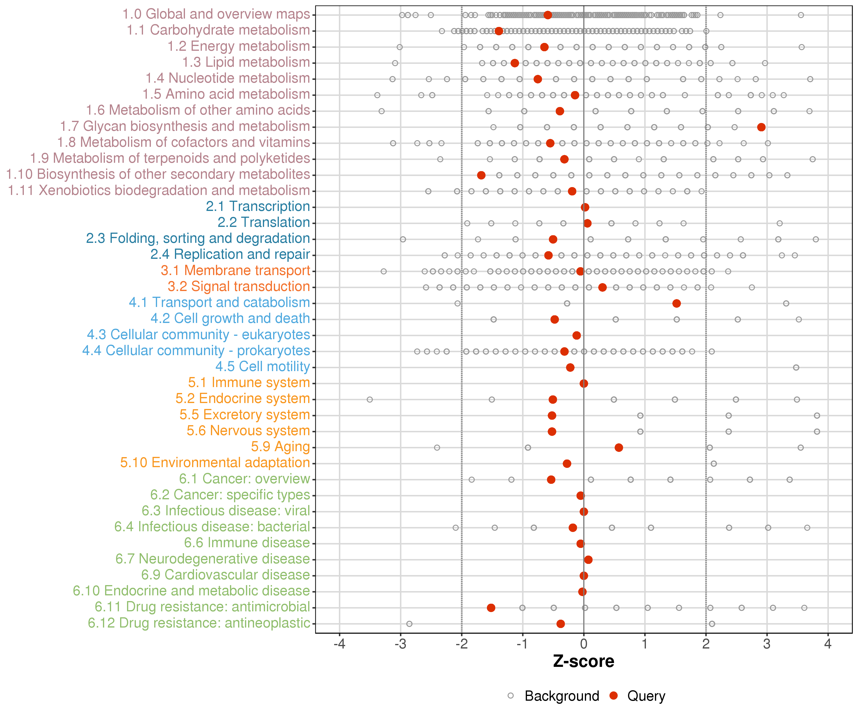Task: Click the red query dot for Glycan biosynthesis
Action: [x=761, y=127]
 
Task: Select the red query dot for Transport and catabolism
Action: [x=677, y=303]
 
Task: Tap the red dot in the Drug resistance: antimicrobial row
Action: [x=491, y=608]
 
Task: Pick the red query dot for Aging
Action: [x=619, y=447]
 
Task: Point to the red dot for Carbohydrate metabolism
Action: [x=499, y=31]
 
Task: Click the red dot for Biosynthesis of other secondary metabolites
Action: [x=481, y=175]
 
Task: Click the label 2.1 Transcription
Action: [x=258, y=206]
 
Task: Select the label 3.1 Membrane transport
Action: [x=235, y=271]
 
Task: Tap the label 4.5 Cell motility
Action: [x=263, y=367]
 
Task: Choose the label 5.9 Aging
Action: [x=280, y=447]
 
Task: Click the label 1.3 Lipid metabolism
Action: [x=246, y=62]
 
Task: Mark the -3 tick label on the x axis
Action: [x=400, y=644]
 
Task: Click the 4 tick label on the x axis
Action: [x=828, y=644]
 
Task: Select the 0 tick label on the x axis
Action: [x=584, y=644]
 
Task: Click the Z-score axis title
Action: [x=584, y=661]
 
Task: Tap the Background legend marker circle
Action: [x=511, y=696]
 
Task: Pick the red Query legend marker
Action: [x=613, y=696]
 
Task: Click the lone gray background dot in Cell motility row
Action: [x=796, y=367]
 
